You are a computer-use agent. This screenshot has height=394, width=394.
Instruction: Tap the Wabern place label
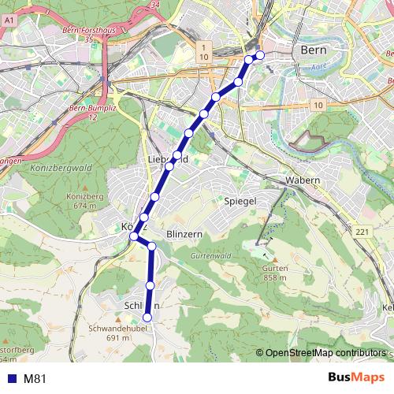[303, 180]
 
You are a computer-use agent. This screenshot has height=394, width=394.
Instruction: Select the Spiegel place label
[241, 202]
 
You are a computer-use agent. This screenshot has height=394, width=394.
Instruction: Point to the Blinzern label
[187, 235]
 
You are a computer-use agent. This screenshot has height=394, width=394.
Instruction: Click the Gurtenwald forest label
[210, 257]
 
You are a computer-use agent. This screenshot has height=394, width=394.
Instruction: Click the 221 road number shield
[361, 231]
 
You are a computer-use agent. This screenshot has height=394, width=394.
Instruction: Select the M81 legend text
[35, 378]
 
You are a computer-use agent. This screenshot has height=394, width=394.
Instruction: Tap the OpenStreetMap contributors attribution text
[326, 354]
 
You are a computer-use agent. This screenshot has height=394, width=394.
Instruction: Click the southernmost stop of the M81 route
[147, 318]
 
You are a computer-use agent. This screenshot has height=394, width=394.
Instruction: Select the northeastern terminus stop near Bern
[259, 55]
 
